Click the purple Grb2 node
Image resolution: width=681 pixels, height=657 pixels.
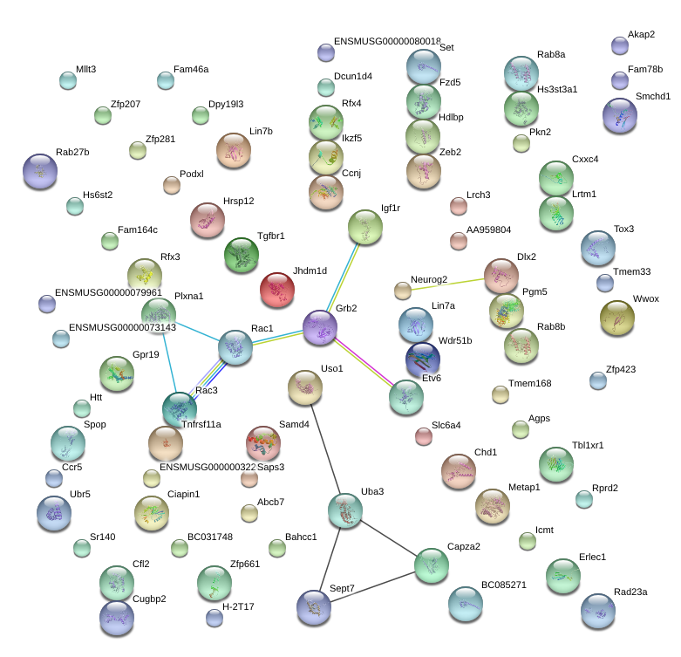[x=320, y=327]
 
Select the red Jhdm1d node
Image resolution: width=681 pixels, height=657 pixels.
[x=277, y=290]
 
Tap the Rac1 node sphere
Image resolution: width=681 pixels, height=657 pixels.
[x=235, y=347]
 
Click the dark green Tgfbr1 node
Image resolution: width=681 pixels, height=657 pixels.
[x=242, y=255]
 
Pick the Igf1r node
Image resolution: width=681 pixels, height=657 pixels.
[x=365, y=227]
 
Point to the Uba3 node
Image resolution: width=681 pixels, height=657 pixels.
[x=345, y=510]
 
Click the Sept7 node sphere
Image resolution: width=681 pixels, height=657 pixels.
[x=314, y=607]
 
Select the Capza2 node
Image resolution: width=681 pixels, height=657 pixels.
[x=432, y=565]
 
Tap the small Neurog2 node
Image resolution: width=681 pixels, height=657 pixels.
[x=403, y=291]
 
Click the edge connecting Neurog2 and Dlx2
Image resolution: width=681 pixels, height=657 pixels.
[x=448, y=284]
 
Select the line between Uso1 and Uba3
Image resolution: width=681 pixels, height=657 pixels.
[x=326, y=448]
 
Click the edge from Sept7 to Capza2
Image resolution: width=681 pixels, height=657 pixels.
[x=372, y=587]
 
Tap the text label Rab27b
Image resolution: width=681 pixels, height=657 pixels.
[x=72, y=152]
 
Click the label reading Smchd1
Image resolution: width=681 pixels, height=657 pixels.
[x=653, y=97]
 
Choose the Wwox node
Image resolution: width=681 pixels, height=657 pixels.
[x=616, y=318]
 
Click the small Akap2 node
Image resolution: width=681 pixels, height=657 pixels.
[x=620, y=45]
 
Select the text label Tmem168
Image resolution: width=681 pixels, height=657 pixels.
[x=530, y=383]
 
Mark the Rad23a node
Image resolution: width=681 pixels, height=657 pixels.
[x=598, y=612]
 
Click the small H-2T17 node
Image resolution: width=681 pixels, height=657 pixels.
[x=215, y=618]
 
